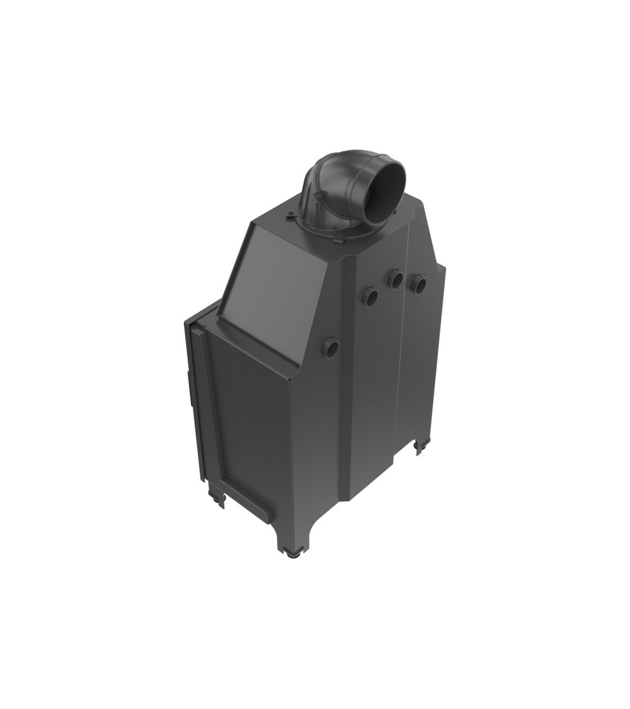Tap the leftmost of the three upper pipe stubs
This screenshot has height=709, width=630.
coord(370,296)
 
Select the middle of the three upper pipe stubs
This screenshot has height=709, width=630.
coord(396,279)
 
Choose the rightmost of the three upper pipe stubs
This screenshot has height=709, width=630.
coord(418,284)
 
